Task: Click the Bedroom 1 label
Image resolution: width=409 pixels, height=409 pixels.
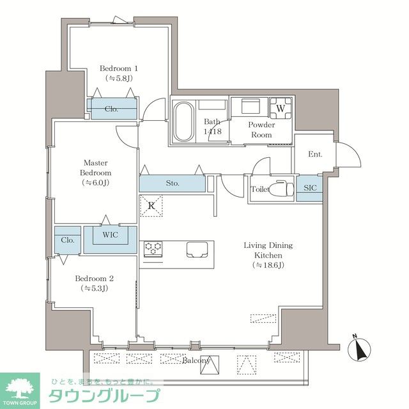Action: point(118,68)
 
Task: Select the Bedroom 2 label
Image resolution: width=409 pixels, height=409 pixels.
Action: point(94,279)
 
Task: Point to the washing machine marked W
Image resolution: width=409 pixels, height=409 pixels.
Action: point(280,108)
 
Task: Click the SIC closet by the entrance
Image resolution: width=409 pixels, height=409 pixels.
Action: point(308,189)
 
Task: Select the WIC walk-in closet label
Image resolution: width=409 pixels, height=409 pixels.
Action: point(111,235)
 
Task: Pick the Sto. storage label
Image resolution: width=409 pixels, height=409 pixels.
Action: point(172,183)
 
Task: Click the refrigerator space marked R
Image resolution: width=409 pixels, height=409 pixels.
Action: point(151,206)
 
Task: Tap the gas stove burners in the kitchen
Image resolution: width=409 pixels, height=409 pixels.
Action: point(153,249)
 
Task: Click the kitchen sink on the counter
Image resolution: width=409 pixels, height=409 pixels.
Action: point(199,249)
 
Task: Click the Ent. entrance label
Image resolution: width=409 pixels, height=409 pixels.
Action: point(315,155)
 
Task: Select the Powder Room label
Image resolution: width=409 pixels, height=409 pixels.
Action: point(262,130)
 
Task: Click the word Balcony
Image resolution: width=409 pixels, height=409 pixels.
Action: point(196,361)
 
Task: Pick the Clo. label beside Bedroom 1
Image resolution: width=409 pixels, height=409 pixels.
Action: point(112,109)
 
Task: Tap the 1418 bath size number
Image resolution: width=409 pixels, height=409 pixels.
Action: point(212,132)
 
